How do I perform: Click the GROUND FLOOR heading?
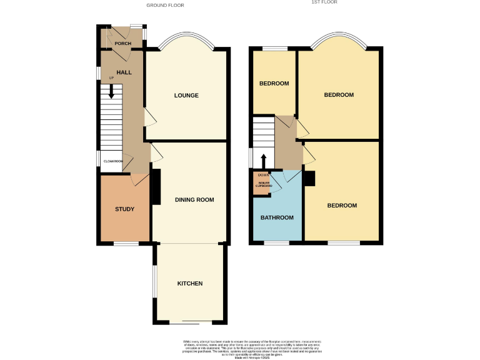coord(165,5)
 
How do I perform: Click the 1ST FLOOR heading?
coord(324,2)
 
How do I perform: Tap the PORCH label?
coord(123,44)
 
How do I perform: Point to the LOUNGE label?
coord(186,96)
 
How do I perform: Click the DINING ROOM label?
coord(194,200)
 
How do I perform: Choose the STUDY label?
coord(124,209)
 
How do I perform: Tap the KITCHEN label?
coord(190,283)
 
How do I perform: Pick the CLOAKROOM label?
coord(113,161)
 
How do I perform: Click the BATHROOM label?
coord(277,217)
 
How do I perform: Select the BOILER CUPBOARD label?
coord(263,184)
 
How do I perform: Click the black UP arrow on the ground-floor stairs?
coord(112,91)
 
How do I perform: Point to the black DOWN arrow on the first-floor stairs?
coord(263,161)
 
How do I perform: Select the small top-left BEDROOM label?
coord(274,84)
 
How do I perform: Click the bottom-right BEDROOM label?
coord(342,206)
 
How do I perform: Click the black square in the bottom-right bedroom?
coord(309,178)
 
